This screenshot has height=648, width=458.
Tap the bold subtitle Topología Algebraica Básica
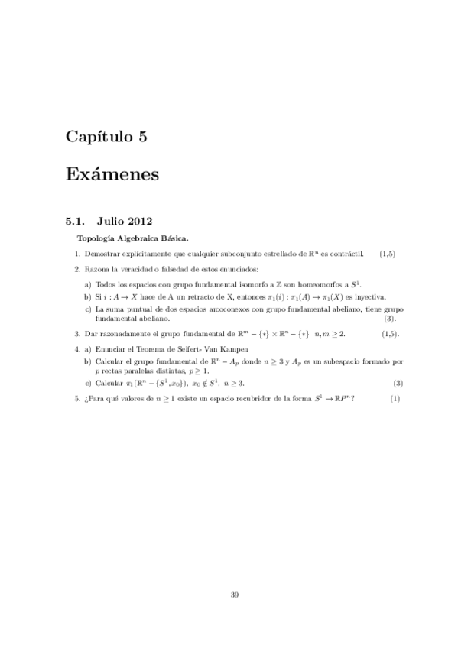(x=128, y=238)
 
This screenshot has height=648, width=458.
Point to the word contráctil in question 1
(x=346, y=253)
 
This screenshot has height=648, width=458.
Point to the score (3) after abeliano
(x=390, y=318)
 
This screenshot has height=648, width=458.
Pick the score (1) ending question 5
(x=395, y=399)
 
